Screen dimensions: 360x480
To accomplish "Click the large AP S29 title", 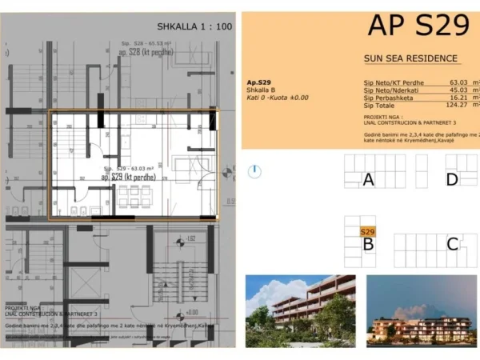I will [418, 26].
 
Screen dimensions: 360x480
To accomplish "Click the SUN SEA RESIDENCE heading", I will [410, 58].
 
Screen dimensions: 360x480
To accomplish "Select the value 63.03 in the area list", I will [458, 82].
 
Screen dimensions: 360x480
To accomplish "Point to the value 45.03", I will [458, 90].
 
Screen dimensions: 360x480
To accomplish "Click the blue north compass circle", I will [254, 170].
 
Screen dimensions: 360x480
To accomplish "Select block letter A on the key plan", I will [368, 180].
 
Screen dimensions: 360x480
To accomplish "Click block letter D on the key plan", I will [452, 180].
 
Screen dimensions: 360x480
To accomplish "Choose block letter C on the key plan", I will [452, 245].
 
